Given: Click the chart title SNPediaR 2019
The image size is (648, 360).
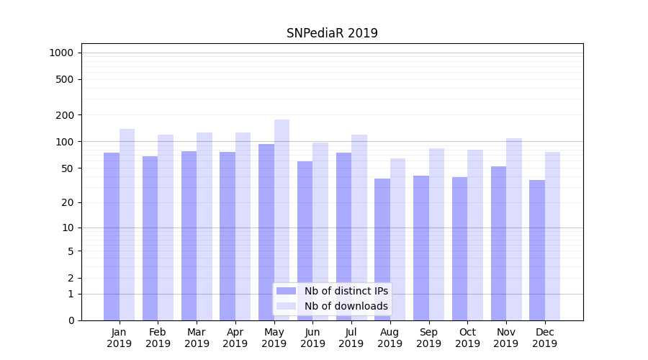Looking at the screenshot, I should click(x=332, y=33).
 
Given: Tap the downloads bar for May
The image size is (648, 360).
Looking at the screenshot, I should click(x=282, y=220).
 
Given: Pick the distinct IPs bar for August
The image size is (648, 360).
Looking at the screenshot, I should click(x=382, y=249).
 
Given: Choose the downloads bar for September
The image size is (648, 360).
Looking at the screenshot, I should click(x=436, y=234).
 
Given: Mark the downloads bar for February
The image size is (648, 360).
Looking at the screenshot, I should click(x=166, y=228).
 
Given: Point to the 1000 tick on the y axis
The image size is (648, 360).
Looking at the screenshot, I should click(x=61, y=53).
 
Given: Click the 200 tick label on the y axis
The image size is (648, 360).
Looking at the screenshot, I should click(x=64, y=115).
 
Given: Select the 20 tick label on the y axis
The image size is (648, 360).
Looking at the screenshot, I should click(x=67, y=202).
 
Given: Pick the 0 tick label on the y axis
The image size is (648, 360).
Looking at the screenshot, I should click(x=70, y=320).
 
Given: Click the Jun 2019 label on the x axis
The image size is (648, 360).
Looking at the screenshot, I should click(x=312, y=338).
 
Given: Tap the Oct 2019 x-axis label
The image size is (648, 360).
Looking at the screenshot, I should click(x=467, y=338).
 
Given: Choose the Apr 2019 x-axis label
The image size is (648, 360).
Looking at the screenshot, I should click(x=235, y=338).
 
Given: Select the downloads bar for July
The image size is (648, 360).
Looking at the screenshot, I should click(x=359, y=228).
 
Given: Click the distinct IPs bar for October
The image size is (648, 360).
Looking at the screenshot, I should click(x=459, y=248).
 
